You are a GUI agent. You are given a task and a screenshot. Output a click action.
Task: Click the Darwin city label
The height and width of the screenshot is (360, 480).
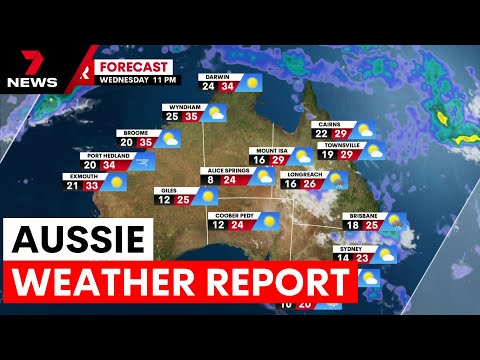(x=218, y=75)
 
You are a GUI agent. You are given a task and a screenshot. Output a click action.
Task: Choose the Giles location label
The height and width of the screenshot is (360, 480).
(x=168, y=190)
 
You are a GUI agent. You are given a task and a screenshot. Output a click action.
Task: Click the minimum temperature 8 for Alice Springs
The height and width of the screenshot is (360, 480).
(x=210, y=181)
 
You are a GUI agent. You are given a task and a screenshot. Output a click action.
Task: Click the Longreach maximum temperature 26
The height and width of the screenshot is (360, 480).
(x=310, y=184)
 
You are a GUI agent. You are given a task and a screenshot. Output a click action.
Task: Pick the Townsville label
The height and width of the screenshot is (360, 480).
(x=339, y=145)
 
